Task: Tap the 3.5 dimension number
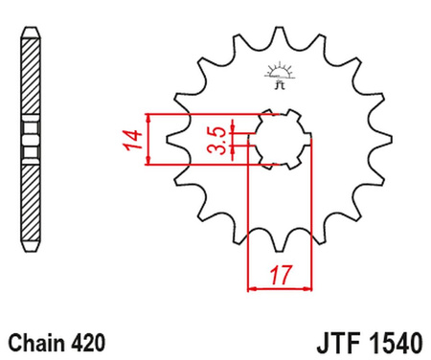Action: pyautogui.click(x=217, y=140)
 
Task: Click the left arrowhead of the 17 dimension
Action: pyautogui.click(x=253, y=284)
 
